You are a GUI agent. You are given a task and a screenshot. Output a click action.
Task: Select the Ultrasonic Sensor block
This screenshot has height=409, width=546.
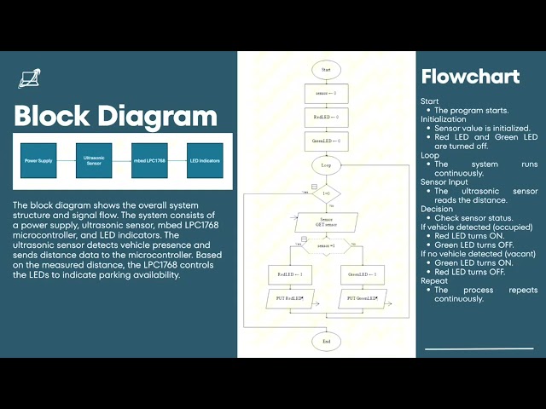pos(93,160)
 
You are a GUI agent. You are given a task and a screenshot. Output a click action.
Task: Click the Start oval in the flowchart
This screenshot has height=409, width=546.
pos(326,68)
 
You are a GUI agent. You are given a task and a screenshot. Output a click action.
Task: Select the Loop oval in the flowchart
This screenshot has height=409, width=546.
pos(326,164)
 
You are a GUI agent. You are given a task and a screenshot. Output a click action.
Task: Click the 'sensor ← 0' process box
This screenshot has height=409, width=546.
pos(326,92)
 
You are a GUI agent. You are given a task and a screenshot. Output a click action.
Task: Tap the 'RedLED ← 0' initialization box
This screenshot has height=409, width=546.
pos(326,116)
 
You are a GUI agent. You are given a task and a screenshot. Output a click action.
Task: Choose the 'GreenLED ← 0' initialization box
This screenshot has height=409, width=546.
pos(326,140)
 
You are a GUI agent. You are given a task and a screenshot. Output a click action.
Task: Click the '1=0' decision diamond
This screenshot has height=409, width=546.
pos(326,193)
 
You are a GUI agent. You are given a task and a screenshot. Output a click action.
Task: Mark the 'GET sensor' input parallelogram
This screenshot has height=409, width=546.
pos(326,222)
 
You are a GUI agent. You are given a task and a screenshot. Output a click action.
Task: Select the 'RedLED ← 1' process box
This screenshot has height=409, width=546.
pos(290,274)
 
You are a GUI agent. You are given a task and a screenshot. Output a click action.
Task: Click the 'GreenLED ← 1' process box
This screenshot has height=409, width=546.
pos(363,274)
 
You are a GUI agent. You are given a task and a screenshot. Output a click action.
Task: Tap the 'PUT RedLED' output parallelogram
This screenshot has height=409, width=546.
pos(290,298)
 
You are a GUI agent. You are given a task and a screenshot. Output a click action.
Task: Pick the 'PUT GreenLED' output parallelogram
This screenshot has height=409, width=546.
pos(363,298)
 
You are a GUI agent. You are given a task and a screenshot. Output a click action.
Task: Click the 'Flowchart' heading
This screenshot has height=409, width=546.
pos(470,77)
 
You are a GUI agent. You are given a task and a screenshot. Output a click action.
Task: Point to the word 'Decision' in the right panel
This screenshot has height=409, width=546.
pos(437,208)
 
